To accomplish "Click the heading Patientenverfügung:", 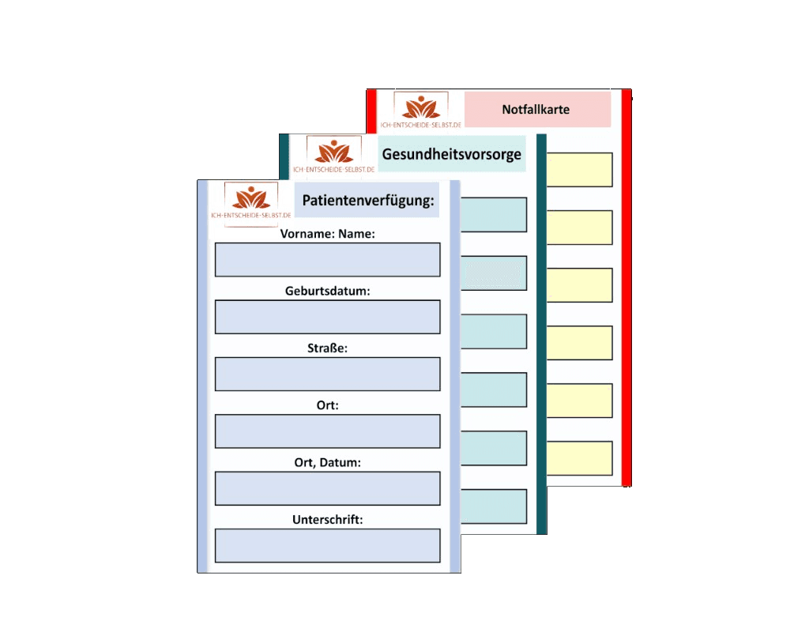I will (x=368, y=201).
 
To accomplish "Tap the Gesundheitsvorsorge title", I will (x=451, y=154).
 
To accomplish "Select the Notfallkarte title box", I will (x=536, y=109).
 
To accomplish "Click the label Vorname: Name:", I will (x=327, y=234).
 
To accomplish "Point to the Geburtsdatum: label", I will (x=327, y=291).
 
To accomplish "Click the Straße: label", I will (x=327, y=348).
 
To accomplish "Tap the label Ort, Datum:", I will (x=327, y=462).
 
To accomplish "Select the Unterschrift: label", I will (x=327, y=519).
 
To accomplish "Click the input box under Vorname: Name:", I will (x=327, y=260).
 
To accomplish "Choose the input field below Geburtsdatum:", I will (x=327, y=317).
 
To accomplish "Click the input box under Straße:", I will (x=327, y=374).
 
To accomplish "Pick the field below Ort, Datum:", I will (x=327, y=488).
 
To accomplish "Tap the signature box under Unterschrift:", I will (x=327, y=545).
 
